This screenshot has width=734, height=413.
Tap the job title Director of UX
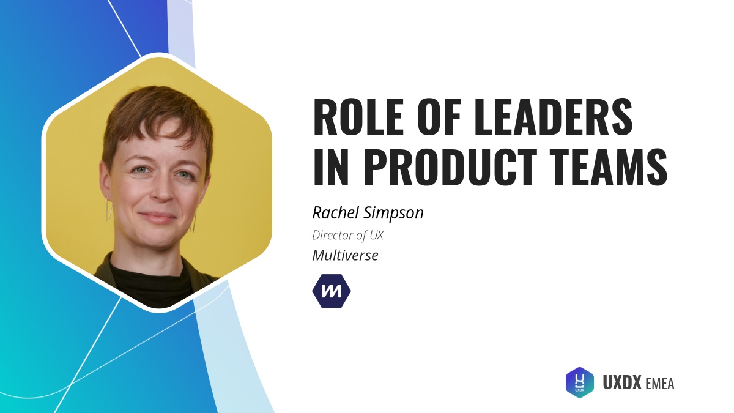pos(347,234)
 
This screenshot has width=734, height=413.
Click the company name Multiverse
pos(345,255)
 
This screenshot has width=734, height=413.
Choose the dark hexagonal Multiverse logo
pos(332,291)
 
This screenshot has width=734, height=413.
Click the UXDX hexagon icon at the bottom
pos(579,382)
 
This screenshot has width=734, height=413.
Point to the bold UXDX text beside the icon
pos(622,383)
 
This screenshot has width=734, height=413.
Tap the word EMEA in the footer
pos(659,384)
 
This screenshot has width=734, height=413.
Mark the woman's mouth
pos(158,217)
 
